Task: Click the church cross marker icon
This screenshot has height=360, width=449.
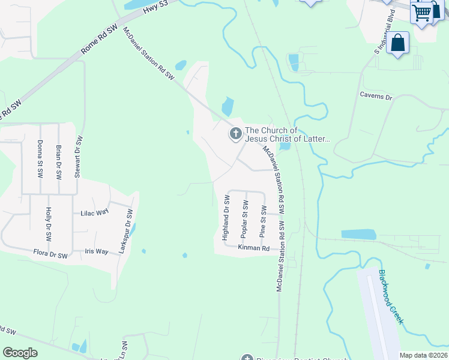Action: (235, 134)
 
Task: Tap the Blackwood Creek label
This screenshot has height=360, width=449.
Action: (390, 297)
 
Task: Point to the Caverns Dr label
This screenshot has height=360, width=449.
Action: (376, 96)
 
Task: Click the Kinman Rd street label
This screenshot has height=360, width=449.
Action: (254, 247)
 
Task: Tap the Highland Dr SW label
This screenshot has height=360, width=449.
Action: (226, 217)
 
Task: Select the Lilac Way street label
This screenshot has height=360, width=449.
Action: (95, 212)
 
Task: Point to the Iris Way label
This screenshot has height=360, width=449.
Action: (97, 251)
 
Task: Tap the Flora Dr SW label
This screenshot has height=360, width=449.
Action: (50, 254)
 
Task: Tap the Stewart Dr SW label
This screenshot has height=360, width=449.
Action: (77, 157)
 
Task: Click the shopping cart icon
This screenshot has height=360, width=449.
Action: (422, 11)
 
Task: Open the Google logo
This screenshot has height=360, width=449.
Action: (20, 353)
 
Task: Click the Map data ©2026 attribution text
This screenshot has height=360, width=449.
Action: (423, 355)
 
